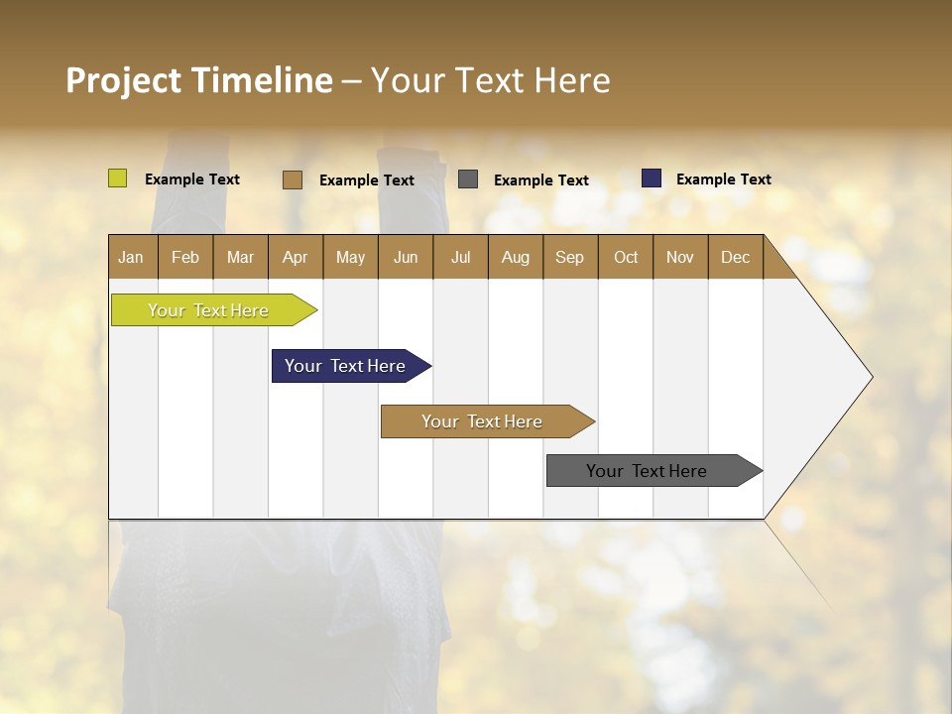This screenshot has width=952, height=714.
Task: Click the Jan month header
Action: click(132, 257)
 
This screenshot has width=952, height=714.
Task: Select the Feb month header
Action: click(185, 257)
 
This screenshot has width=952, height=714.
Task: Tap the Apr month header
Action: click(295, 257)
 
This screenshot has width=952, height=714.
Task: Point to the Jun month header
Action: click(406, 257)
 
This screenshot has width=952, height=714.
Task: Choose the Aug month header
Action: click(515, 257)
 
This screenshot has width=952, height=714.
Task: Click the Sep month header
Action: click(569, 257)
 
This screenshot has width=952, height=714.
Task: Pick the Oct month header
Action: click(626, 257)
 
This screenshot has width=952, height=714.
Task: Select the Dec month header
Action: click(735, 257)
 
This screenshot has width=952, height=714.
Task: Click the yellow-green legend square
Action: click(118, 178)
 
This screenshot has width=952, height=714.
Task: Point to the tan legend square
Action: click(293, 179)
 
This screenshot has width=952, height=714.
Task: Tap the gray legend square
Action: click(468, 179)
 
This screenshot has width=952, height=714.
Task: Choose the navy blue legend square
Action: click(652, 178)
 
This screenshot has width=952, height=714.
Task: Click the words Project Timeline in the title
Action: click(199, 80)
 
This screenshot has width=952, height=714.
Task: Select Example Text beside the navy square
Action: click(723, 179)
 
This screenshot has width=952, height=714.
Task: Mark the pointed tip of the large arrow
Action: click(870, 377)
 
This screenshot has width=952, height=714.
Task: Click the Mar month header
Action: click(240, 257)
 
